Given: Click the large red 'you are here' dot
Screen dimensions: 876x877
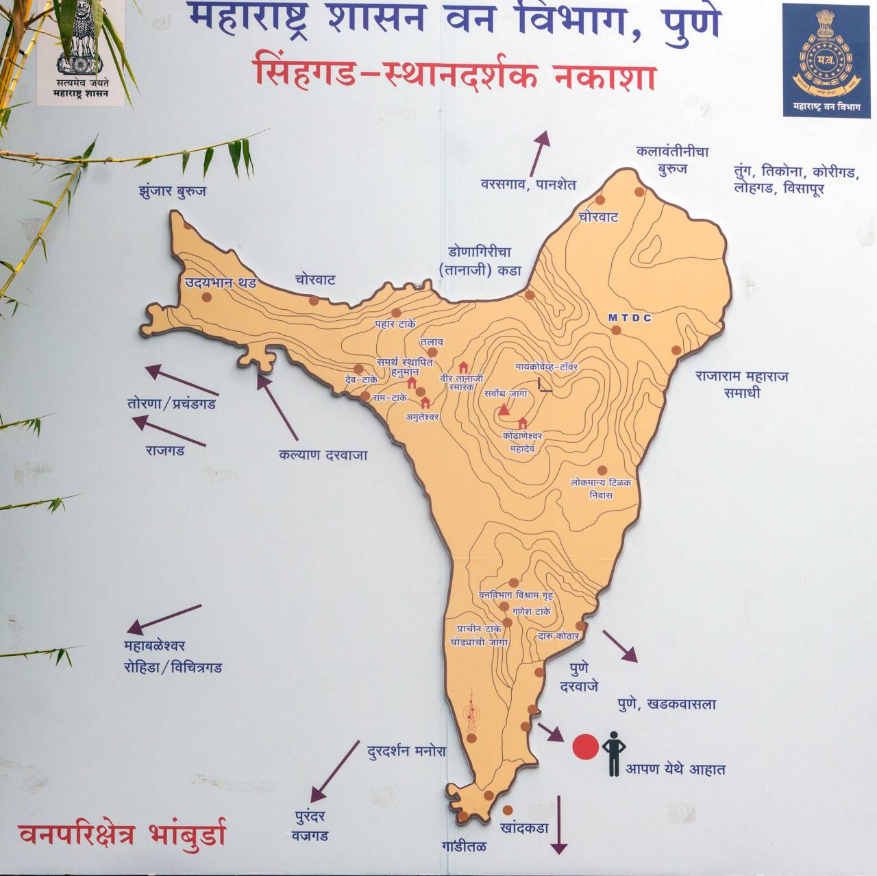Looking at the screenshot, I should coord(585,747).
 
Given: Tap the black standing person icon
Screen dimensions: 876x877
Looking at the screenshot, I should coord(613,753).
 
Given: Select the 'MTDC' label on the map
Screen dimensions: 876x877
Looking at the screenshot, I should coord(630,318).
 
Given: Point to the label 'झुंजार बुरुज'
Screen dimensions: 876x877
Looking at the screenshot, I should coord(172,191).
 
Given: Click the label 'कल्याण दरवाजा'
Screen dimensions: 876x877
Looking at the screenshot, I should coord(323,454).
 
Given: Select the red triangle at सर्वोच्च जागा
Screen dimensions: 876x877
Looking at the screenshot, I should coord(505,409).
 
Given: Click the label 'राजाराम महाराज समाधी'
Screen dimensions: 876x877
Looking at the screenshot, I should coord(741,385).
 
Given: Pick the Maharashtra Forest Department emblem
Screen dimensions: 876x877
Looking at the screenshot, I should coord(826,60).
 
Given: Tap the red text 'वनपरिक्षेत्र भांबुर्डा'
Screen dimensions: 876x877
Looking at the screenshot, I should coord(122,834).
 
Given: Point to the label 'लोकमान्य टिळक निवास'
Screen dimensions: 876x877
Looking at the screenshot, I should coord(601,489).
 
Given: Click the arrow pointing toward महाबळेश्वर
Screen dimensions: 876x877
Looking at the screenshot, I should coord(164,618).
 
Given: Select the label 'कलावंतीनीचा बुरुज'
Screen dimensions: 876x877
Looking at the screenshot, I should coord(672,160).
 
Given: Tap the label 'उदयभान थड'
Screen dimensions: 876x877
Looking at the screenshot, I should coord(220,282).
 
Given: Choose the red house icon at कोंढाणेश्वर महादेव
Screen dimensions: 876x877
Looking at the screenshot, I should coord(523,423).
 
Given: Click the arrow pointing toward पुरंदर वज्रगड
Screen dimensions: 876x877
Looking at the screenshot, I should coord(334,770).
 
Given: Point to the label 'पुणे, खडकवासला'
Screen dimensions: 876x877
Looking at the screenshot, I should coord(666,704).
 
